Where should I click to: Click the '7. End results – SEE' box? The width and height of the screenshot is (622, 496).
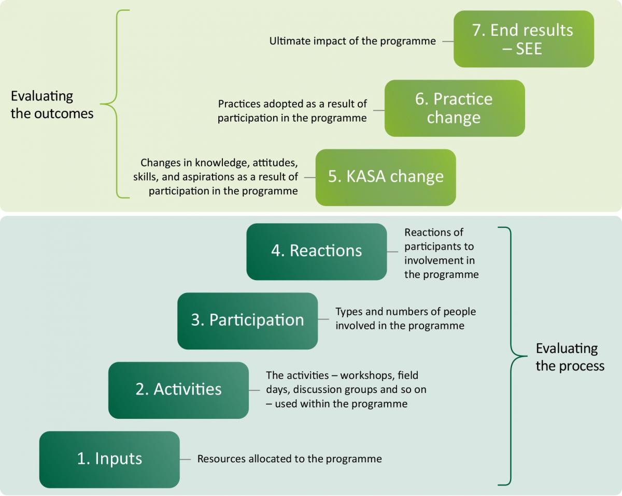coord(524,39)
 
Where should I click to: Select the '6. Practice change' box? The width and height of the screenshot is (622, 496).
coord(455,108)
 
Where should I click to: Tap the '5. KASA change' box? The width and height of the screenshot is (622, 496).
coord(386,178)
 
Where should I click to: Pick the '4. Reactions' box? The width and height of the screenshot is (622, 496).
coord(317,252)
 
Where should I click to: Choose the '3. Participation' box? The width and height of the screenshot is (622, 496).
coord(247,321)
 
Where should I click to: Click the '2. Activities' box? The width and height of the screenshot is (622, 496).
coord(178,390)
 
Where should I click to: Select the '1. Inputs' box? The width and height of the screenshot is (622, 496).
coord(109,460)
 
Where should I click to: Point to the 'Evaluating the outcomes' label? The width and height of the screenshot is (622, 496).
coord(52,105)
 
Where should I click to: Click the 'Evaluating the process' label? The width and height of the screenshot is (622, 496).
coord(570,357)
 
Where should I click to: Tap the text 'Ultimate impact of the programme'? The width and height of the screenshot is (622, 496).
coord(352,41)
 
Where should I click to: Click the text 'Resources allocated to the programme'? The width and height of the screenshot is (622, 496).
coord(289,459)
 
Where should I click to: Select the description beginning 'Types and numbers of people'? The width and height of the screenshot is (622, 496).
coord(405,318)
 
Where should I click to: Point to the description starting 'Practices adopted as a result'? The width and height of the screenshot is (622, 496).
coord(292,111)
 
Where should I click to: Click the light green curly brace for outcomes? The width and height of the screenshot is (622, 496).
coord(115,104)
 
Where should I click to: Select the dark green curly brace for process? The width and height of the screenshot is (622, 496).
coord(513,356)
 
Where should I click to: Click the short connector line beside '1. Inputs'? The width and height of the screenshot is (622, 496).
coord(185,459)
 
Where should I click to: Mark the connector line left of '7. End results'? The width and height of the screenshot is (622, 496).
coord(448,41)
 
